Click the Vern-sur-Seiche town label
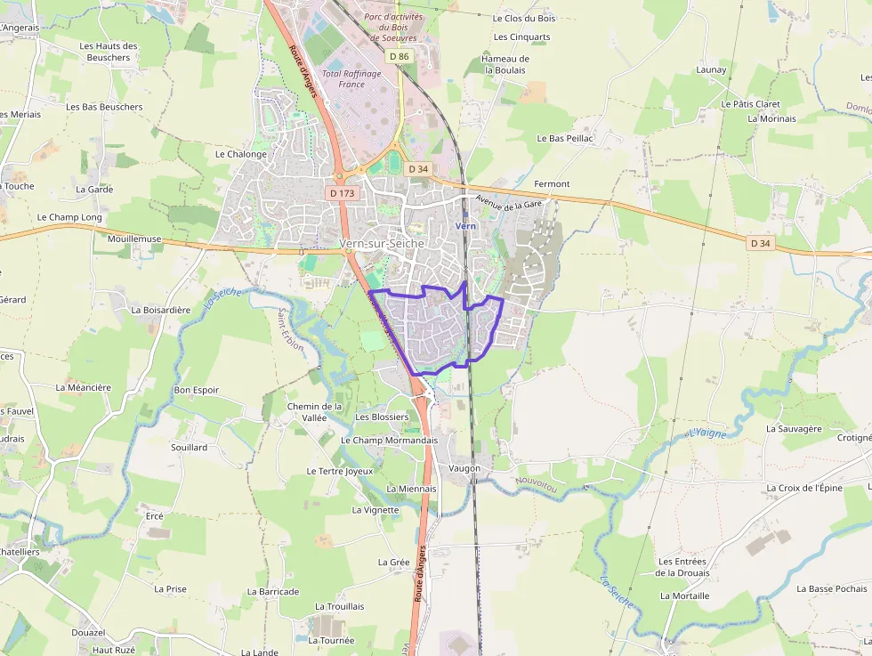point(383,243)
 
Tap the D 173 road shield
point(341,192)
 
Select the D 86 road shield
point(400,57)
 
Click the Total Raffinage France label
point(351,79)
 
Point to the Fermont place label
point(552,184)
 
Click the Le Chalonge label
point(241,154)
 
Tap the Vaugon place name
point(464,468)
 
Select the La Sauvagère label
point(794,428)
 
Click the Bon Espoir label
point(197,390)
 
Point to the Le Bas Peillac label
point(565,139)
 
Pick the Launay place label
point(711,69)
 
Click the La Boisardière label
point(161,311)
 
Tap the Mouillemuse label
point(134,239)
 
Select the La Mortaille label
point(684,595)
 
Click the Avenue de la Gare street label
point(509,203)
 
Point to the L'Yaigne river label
point(707,433)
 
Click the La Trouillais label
point(340,606)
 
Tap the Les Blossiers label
point(382,417)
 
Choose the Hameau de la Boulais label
point(505,64)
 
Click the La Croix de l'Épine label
point(804,488)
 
